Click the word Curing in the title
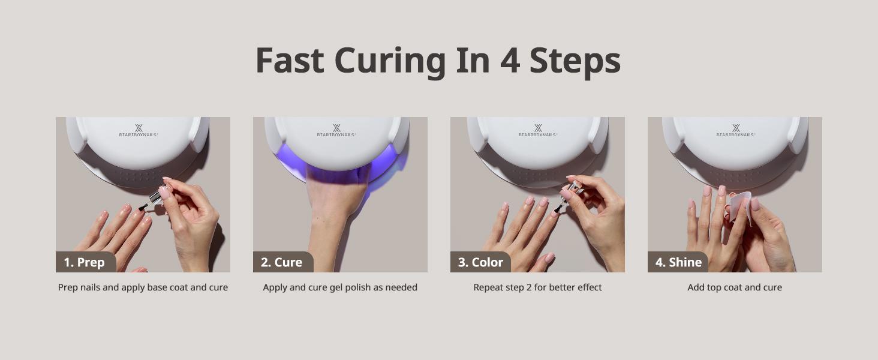390,61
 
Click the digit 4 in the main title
510,61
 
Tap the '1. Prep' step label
84,262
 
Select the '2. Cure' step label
281,262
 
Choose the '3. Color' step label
480,262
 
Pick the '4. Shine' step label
678,262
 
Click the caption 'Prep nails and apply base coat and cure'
143,287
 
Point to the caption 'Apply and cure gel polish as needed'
340,287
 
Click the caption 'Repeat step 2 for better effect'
537,287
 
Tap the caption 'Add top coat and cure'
735,287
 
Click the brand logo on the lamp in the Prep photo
139,131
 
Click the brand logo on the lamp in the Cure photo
336,131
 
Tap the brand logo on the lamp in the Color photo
538,131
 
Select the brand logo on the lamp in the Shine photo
736,131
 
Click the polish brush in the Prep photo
144,207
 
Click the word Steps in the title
575,61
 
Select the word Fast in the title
290,61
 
